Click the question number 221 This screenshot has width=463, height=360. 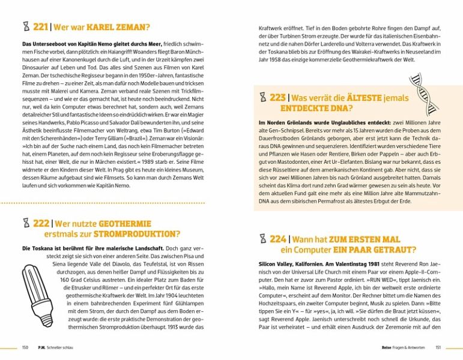[x=40, y=27]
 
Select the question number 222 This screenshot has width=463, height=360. [x=40, y=223]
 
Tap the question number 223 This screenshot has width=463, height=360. [x=277, y=98]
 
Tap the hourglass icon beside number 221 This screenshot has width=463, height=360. [x=25, y=27]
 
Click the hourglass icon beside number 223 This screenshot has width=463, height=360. [x=262, y=98]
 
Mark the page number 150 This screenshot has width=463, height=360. [x=25, y=347]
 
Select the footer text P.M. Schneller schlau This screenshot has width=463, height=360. [x=59, y=347]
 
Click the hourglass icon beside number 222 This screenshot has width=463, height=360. [x=25, y=223]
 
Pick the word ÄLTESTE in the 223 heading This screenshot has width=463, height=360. [x=361, y=98]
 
